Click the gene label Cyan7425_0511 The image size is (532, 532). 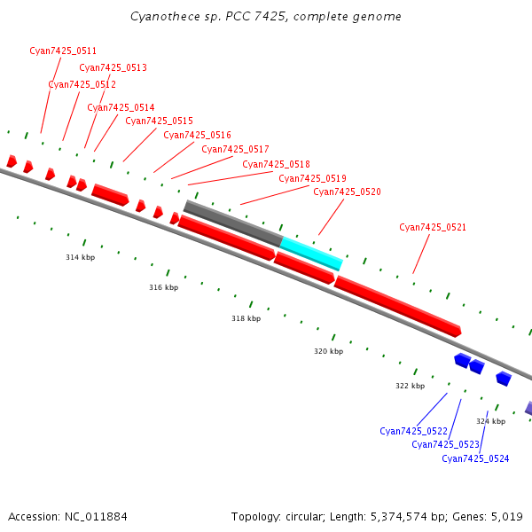tap(63, 51)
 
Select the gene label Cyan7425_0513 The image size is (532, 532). tap(113, 67)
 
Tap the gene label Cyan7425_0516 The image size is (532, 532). tap(197, 135)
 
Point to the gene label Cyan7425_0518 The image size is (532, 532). tap(276, 164)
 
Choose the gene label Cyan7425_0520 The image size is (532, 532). tap(347, 192)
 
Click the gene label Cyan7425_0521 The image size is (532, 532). tap(433, 227)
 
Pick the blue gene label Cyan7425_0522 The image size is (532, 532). tap(413, 431)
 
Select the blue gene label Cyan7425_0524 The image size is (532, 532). tap(475, 458)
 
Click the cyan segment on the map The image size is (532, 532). tap(311, 253)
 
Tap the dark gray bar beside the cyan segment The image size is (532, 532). tap(232, 223)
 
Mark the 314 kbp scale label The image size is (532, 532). tap(80, 257)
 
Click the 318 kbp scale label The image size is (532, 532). tap(246, 318)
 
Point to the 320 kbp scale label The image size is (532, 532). tap(328, 351)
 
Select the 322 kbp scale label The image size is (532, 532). tap(410, 386)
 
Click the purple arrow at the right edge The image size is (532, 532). tap(528, 408)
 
